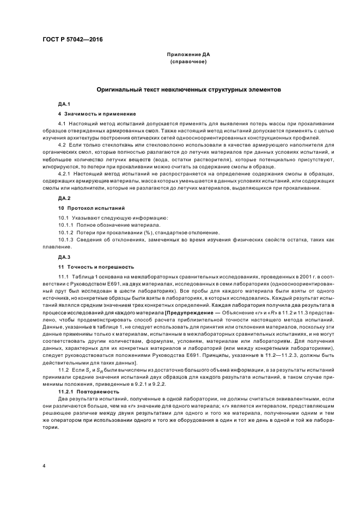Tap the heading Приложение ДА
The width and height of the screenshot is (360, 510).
pyautogui.click(x=188, y=55)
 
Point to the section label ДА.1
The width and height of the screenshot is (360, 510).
pyautogui.click(x=64, y=104)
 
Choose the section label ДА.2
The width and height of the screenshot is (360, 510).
pyautogui.click(x=64, y=198)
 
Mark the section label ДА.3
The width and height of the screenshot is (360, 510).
pyautogui.click(x=64, y=257)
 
